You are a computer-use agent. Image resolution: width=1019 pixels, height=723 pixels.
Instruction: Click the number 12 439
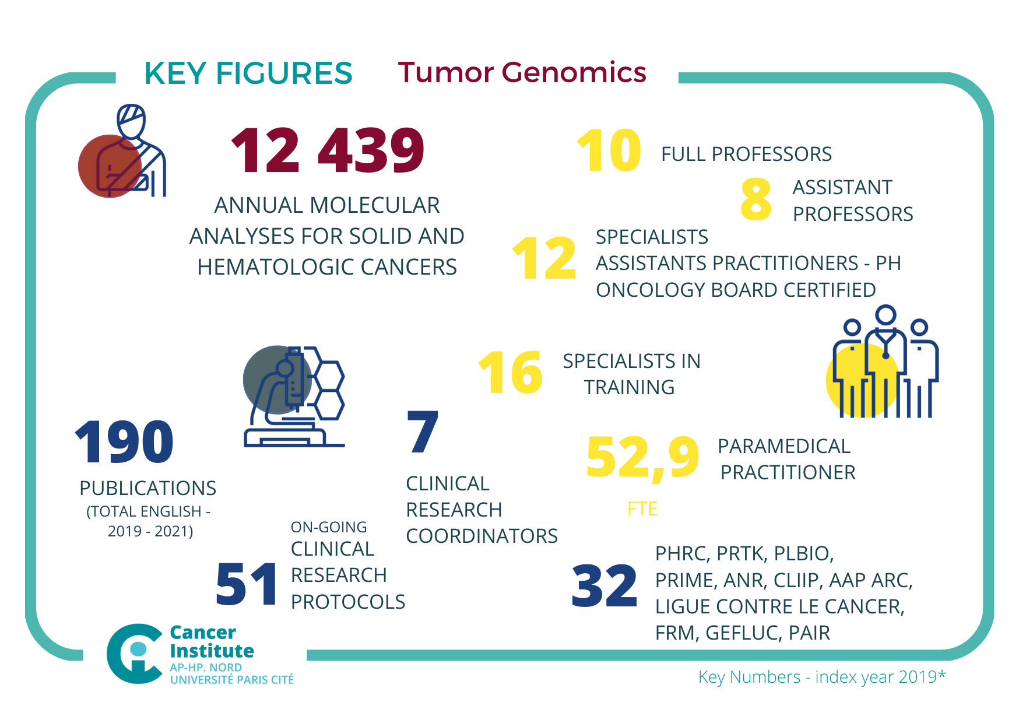click(328, 150)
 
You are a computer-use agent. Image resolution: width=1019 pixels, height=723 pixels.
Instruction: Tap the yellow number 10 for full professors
click(609, 150)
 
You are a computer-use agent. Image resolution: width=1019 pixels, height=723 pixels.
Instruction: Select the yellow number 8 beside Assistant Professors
click(756, 199)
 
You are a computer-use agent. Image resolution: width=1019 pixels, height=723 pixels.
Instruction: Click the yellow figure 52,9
click(642, 457)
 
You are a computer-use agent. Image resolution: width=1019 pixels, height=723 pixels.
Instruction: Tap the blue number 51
click(247, 584)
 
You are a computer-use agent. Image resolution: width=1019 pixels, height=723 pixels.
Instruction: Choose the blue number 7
click(423, 432)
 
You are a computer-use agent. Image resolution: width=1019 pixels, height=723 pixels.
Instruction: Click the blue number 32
click(605, 585)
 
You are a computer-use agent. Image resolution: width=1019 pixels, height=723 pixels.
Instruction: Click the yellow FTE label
click(642, 509)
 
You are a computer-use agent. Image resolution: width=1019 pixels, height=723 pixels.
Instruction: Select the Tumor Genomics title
click(522, 73)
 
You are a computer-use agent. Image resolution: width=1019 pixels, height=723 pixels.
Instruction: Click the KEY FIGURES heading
click(248, 73)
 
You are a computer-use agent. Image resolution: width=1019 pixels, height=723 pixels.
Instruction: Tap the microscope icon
click(294, 396)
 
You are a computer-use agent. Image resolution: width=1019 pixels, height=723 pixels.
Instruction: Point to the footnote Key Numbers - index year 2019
click(821, 677)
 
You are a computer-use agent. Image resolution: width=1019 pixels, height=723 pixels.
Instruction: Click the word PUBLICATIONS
click(147, 488)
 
